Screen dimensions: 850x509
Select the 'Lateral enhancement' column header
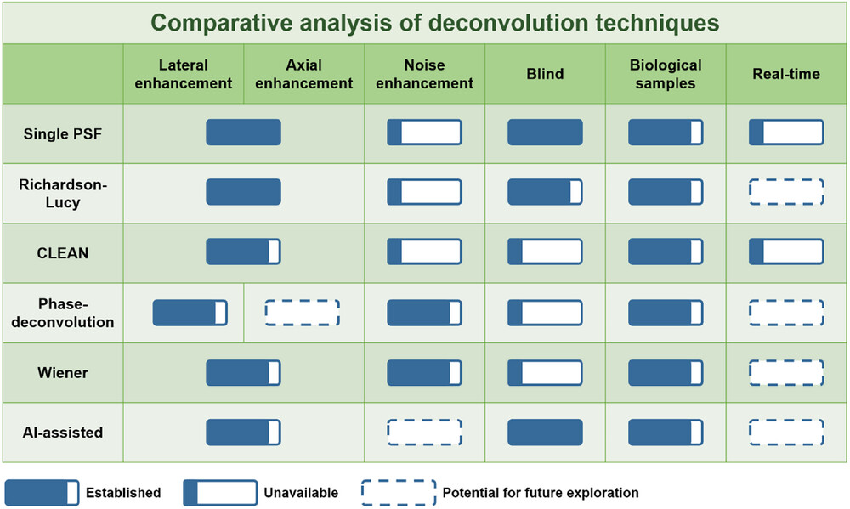click(x=184, y=74)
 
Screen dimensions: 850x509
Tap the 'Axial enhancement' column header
click(x=303, y=74)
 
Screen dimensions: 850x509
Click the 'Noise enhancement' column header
click(x=424, y=74)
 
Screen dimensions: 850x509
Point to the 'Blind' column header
click(x=545, y=74)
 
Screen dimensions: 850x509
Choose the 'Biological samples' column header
click(x=666, y=74)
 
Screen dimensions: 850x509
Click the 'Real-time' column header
click(x=786, y=74)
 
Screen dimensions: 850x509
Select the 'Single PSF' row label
click(x=62, y=134)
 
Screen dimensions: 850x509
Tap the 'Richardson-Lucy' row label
click(x=63, y=193)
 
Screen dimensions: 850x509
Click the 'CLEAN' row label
click(x=62, y=253)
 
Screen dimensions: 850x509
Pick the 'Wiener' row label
click(x=62, y=373)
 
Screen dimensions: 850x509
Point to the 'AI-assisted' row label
click(x=62, y=433)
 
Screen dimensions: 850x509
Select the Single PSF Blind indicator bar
click(x=545, y=133)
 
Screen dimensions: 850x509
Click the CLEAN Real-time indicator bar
click(x=786, y=252)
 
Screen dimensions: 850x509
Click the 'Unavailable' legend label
click(x=301, y=493)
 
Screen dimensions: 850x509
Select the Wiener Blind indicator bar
click(x=545, y=372)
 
